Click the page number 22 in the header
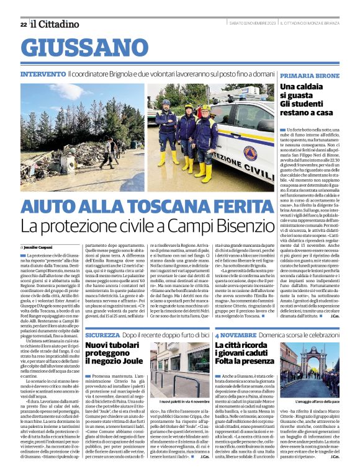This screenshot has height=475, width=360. [23, 24]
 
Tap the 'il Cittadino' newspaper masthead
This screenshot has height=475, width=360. [55, 24]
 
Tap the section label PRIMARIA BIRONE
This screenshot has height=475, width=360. [309, 74]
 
